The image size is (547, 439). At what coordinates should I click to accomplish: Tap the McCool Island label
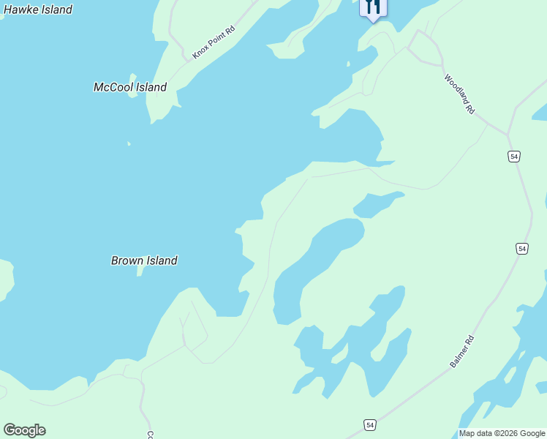[130, 87]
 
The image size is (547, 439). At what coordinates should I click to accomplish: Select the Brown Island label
[144, 260]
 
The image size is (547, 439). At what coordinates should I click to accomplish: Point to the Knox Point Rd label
[214, 43]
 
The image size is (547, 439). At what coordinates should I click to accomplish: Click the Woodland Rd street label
[460, 94]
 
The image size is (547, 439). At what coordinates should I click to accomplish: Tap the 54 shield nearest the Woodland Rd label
[514, 157]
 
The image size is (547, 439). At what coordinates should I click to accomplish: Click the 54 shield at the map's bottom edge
[370, 425]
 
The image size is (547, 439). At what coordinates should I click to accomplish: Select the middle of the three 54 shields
[521, 249]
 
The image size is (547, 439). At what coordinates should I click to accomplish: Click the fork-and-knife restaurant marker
[372, 7]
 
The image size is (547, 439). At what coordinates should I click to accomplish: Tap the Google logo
[24, 430]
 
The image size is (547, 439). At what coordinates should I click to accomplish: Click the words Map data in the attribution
[475, 434]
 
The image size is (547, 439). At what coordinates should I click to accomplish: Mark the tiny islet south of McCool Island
[129, 143]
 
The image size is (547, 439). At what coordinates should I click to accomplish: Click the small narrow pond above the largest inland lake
[377, 204]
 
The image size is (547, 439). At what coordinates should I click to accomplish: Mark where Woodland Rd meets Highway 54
[508, 135]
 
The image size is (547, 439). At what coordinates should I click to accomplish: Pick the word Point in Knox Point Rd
[214, 42]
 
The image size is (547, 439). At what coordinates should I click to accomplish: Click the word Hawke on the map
[20, 10]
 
